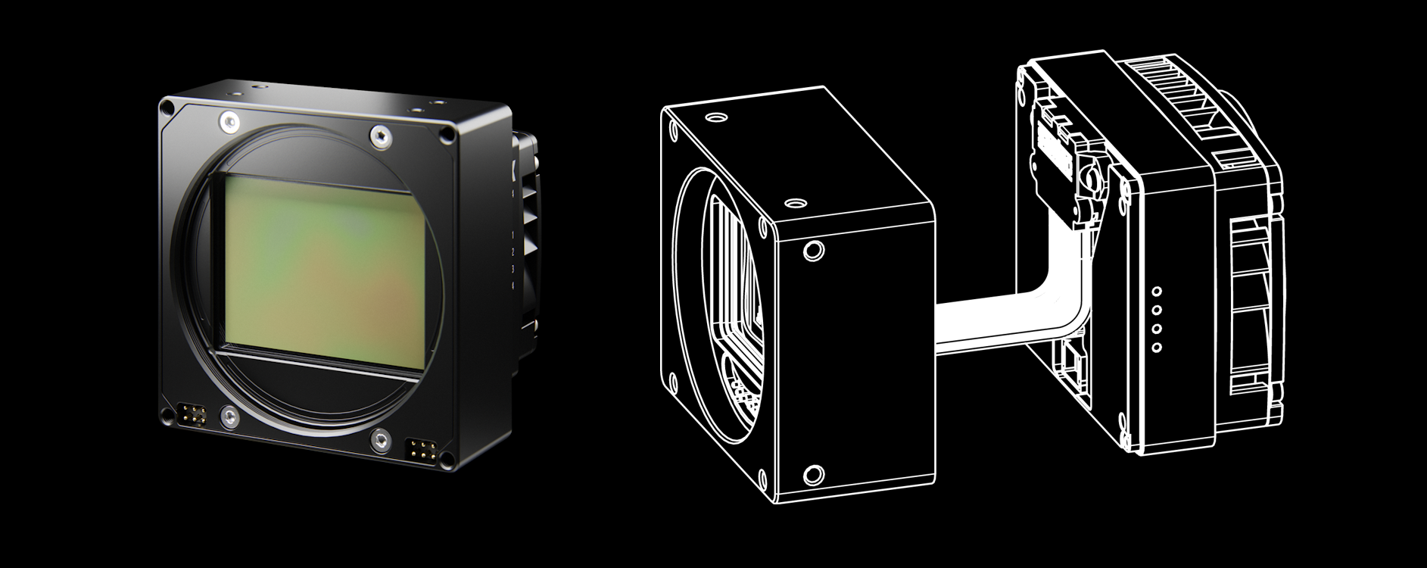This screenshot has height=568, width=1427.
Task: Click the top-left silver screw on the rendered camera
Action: (x=227, y=120)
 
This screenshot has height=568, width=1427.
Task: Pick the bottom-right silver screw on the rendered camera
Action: (x=380, y=437)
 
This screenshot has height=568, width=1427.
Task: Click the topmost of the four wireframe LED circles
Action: (x=1156, y=291)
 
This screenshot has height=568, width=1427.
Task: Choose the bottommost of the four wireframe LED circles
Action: (x=1156, y=348)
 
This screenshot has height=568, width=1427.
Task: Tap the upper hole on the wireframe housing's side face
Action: (x=814, y=250)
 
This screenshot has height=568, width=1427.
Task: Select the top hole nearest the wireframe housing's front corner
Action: (x=795, y=204)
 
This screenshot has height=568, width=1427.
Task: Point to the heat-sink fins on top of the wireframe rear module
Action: (x=1170, y=91)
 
